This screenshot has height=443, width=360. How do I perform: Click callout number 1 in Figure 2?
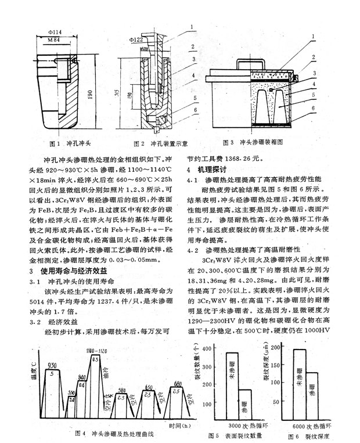click(189, 27)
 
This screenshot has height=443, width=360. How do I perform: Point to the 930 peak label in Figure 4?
click(52, 364)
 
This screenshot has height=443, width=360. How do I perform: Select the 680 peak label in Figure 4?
click(178, 384)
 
